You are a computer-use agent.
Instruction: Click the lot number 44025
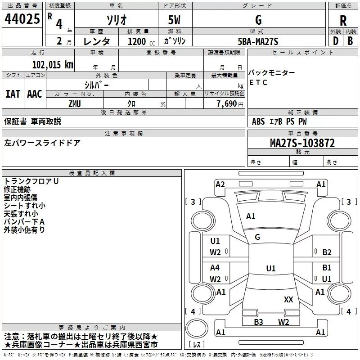point(22,19)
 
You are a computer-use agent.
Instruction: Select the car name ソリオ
point(117,20)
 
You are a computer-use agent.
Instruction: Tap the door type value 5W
point(174,20)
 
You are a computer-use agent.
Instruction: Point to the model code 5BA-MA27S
point(258,41)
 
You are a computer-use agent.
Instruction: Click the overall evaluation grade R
point(343,21)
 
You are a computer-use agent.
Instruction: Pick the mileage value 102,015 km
point(53,65)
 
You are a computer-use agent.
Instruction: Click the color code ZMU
point(75,104)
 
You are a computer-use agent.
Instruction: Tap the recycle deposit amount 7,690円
point(230,104)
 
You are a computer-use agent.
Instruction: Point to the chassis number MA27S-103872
point(302,143)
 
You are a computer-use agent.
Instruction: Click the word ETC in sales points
point(258,82)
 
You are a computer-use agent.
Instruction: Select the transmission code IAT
point(13,94)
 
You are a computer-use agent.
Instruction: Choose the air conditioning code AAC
point(35,94)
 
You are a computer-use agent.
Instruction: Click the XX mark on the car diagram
point(288,299)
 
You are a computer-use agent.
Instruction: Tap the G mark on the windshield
point(257,237)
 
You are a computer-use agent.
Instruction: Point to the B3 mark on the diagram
point(258,322)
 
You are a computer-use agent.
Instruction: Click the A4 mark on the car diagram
point(215,267)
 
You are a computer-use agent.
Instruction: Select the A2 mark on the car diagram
point(220,184)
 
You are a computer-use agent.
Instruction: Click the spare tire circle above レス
point(197,328)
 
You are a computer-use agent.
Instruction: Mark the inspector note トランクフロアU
point(31,181)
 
